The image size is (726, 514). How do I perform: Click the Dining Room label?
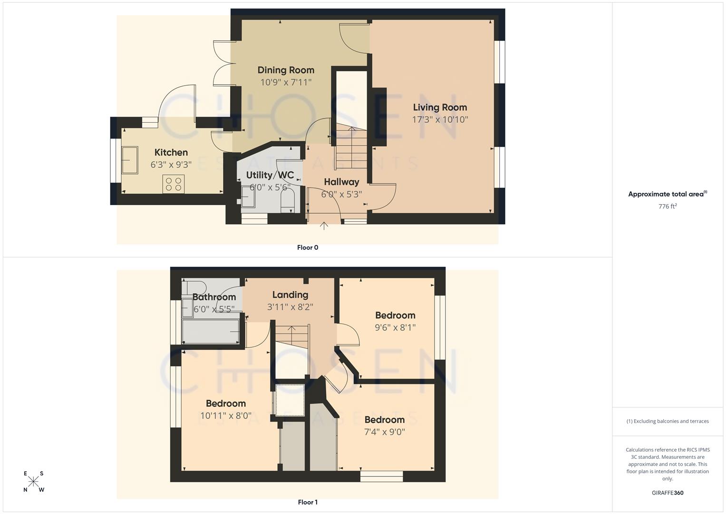286,70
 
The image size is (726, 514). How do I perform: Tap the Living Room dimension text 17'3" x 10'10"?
440,119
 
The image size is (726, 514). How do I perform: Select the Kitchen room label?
171,152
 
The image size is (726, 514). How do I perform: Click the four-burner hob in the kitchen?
174,184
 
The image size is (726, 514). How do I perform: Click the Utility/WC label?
270,175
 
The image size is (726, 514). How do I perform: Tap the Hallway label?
341,182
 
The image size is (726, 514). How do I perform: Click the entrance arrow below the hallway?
324,225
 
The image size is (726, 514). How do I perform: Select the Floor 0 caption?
308,247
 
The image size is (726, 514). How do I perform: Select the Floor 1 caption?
308,502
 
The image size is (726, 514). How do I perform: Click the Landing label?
290,295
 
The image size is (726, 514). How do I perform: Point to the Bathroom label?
214,297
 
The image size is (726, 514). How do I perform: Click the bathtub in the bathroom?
211,331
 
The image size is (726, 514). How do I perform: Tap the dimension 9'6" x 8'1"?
395,327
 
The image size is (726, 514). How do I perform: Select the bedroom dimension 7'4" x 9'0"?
384,432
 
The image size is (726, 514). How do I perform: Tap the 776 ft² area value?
668,206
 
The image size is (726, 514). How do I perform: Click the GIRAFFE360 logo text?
668,493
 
